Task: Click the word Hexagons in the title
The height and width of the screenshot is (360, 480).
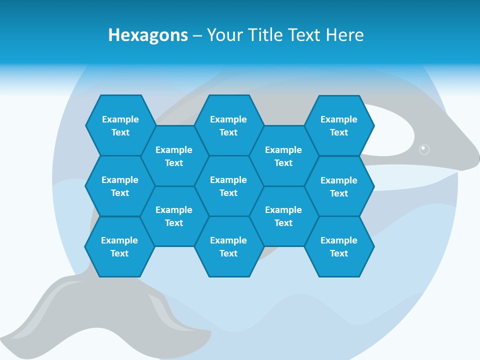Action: coord(148,35)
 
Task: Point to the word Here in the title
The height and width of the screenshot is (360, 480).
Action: coord(344,35)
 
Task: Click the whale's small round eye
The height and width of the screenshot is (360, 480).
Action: coord(424,149)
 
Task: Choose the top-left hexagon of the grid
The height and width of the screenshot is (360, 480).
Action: coord(120,125)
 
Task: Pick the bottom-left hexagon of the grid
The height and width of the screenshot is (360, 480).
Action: coord(119,246)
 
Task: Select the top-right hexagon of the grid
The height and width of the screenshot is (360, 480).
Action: coord(339,125)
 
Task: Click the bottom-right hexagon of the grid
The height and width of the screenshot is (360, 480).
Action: coord(339,246)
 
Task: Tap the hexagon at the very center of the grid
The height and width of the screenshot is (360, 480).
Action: coord(228,186)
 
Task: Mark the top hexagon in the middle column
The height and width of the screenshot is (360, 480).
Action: coord(228,125)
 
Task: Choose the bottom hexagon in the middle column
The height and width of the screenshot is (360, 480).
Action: coord(228,246)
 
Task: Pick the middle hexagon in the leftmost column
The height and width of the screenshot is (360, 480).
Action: coord(120,186)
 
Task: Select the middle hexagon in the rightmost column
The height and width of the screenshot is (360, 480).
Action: coord(339,186)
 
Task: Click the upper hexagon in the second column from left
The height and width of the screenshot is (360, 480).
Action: coord(174,156)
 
